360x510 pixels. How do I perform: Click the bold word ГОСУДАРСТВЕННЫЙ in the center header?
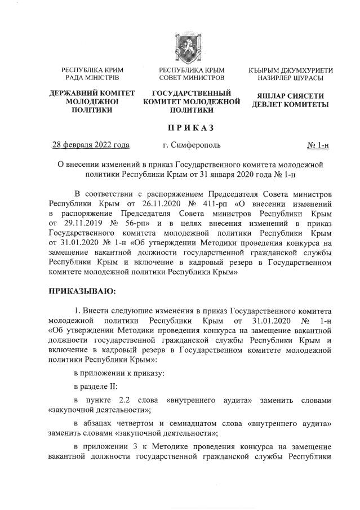pyautogui.click(x=192, y=92)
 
